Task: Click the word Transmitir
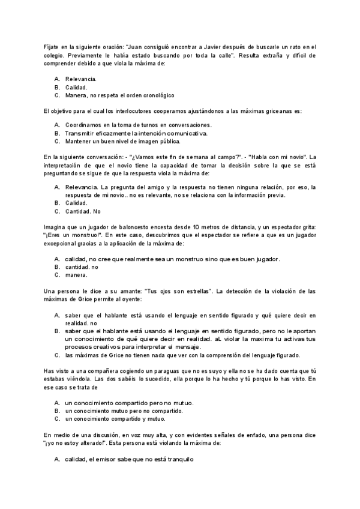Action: pyautogui.click(x=81, y=133)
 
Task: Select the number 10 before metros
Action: pyautogui.click(x=221, y=228)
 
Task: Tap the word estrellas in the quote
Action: pyautogui.click(x=193, y=291)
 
